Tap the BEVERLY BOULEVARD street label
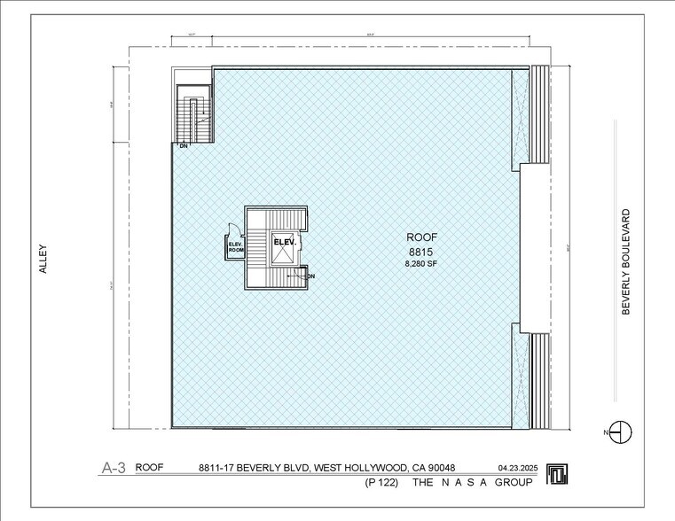(x=625, y=261)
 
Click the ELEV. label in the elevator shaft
(x=284, y=241)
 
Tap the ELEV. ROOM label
(x=236, y=247)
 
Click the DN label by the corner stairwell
(x=184, y=145)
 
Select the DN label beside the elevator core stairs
(x=310, y=276)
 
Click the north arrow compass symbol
(x=622, y=432)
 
